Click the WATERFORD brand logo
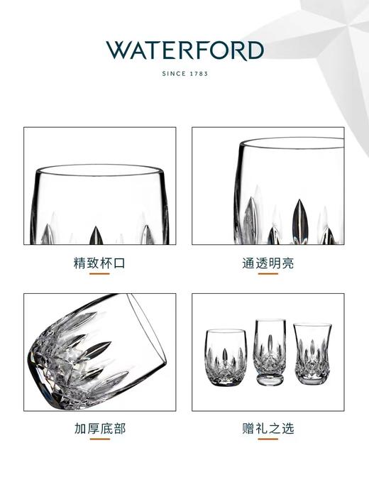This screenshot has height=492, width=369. pos(184,51)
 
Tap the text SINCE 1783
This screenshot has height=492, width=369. pos(184,73)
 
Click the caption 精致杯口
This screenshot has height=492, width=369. pos(99,263)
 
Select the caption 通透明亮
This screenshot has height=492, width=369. pos(268,263)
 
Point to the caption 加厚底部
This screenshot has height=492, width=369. pos(99,429)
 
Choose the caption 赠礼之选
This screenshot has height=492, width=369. pos(268,429)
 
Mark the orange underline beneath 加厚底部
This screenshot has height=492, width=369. pos(99,440)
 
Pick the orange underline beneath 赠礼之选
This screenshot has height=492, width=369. pos(268,440)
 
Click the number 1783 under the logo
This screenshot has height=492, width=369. pos(199,73)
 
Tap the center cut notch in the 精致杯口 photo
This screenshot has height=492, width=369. pos(96,235)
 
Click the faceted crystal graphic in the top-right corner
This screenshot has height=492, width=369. pos(334,35)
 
